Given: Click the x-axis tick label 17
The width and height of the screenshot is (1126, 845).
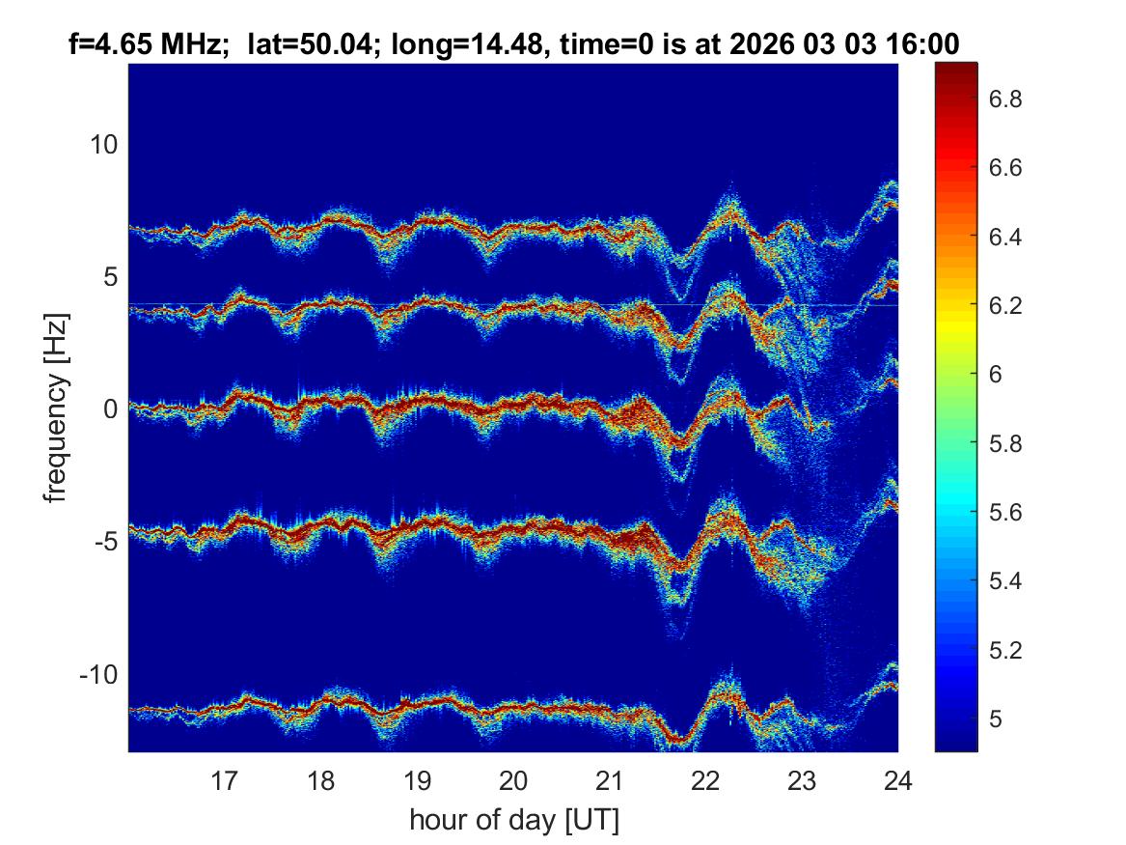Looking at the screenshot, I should tap(225, 779).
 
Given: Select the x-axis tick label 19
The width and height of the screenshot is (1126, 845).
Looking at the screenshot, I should tap(417, 779).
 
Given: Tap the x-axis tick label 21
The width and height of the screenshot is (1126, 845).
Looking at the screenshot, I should tap(610, 779).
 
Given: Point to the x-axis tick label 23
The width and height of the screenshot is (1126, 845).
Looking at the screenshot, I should tap(802, 779).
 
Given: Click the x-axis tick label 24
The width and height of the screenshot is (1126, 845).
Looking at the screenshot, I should tap(897, 779).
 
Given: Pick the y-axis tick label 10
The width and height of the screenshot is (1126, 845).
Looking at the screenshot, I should tap(101, 145).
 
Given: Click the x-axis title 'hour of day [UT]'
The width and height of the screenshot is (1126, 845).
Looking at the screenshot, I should tap(513, 821).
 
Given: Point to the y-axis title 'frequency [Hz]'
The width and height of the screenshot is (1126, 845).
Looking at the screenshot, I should tap(57, 408).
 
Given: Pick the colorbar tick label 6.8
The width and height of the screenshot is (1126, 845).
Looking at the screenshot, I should tap(1007, 99).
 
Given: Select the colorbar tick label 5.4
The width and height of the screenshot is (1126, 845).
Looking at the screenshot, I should tap(1007, 580).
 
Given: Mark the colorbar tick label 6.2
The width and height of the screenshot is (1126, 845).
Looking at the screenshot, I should tap(1007, 306).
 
